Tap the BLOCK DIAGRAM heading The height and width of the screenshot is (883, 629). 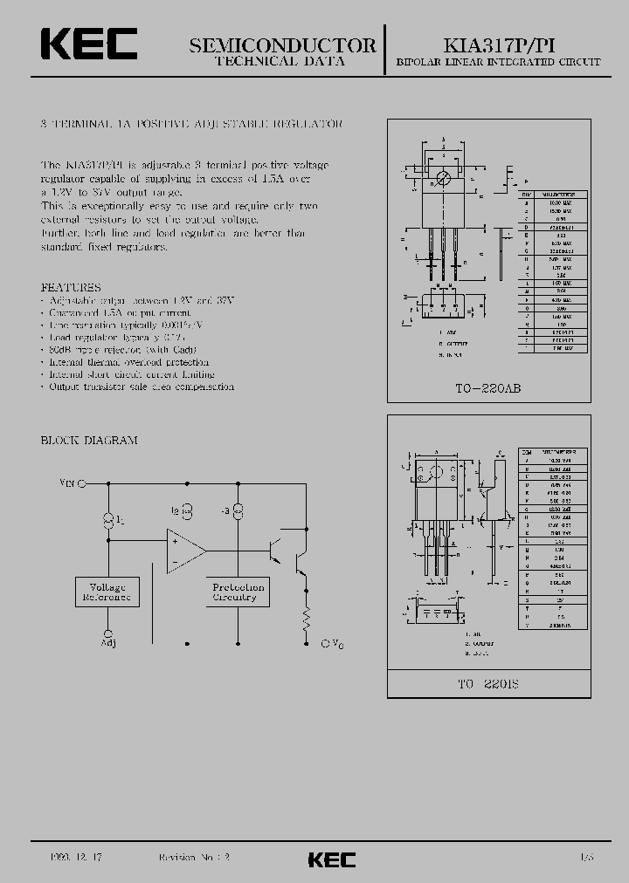89,441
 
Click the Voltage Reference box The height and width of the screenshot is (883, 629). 108,592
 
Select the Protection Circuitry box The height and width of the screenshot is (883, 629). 238,592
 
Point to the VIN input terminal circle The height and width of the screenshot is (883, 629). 82,482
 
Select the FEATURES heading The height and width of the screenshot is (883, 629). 71,287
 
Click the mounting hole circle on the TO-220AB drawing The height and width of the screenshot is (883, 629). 444,179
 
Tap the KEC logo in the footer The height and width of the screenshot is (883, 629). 331,859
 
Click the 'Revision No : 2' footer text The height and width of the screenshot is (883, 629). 193,859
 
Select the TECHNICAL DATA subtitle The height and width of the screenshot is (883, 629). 280,62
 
